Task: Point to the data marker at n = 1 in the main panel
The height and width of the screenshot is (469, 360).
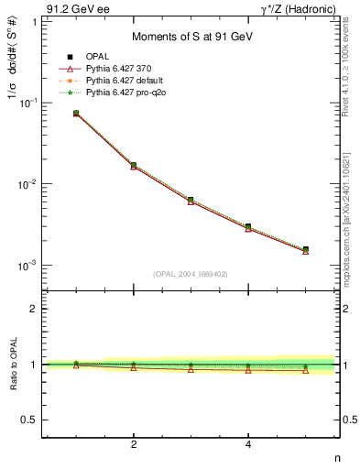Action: (x=76, y=114)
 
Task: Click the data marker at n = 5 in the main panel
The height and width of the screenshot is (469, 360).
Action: (x=306, y=249)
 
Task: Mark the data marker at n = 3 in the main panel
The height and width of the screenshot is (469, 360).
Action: (x=191, y=200)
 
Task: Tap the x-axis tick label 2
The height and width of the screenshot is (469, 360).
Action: (x=134, y=445)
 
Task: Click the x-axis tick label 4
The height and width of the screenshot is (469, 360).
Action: (x=248, y=445)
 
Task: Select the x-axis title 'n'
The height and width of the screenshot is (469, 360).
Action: (x=336, y=457)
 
